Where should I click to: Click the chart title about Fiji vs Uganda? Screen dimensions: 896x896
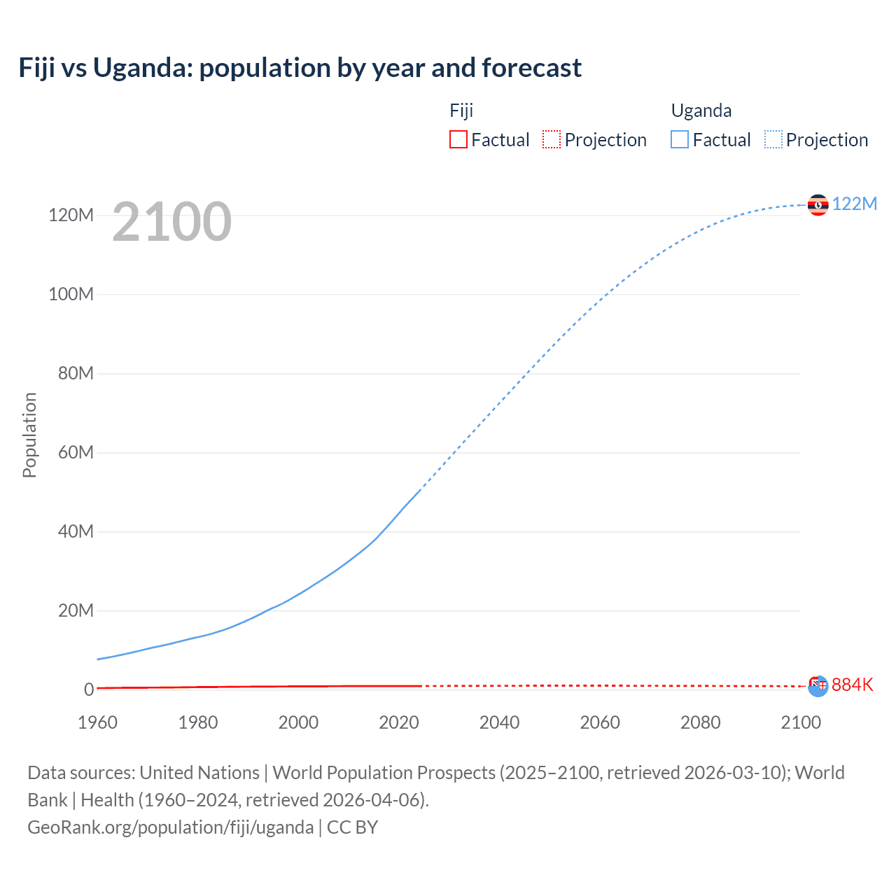pos(300,68)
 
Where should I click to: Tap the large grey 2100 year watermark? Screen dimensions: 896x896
pos(171,222)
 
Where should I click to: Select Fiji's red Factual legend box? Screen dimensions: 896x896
pos(458,139)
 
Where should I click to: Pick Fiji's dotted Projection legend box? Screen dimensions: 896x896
pos(552,139)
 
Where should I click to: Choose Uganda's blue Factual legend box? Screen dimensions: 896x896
pos(679,139)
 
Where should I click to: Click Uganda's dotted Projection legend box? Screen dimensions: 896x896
pos(773,139)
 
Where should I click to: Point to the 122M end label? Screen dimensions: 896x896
pos(854,204)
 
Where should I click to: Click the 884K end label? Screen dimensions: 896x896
pos(852,685)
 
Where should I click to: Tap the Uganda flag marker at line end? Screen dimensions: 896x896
pos(818,205)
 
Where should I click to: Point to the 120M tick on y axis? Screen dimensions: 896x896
pos(71,215)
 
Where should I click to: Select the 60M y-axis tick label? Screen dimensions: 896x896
pos(76,452)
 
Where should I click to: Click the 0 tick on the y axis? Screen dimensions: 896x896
pos(88,689)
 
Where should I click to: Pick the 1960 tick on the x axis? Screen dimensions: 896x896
pos(97,722)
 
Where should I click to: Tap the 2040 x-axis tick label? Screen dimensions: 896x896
pos(499,722)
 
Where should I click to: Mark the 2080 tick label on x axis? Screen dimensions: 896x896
pos(700,722)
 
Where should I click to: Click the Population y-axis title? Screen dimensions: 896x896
pos(29,435)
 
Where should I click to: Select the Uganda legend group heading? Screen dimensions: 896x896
pos(701,111)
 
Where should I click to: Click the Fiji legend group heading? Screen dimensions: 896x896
pos(461,111)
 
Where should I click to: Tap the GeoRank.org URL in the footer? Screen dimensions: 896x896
pos(170,827)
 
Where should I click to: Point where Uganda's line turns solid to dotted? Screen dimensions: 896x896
pos(420,490)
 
